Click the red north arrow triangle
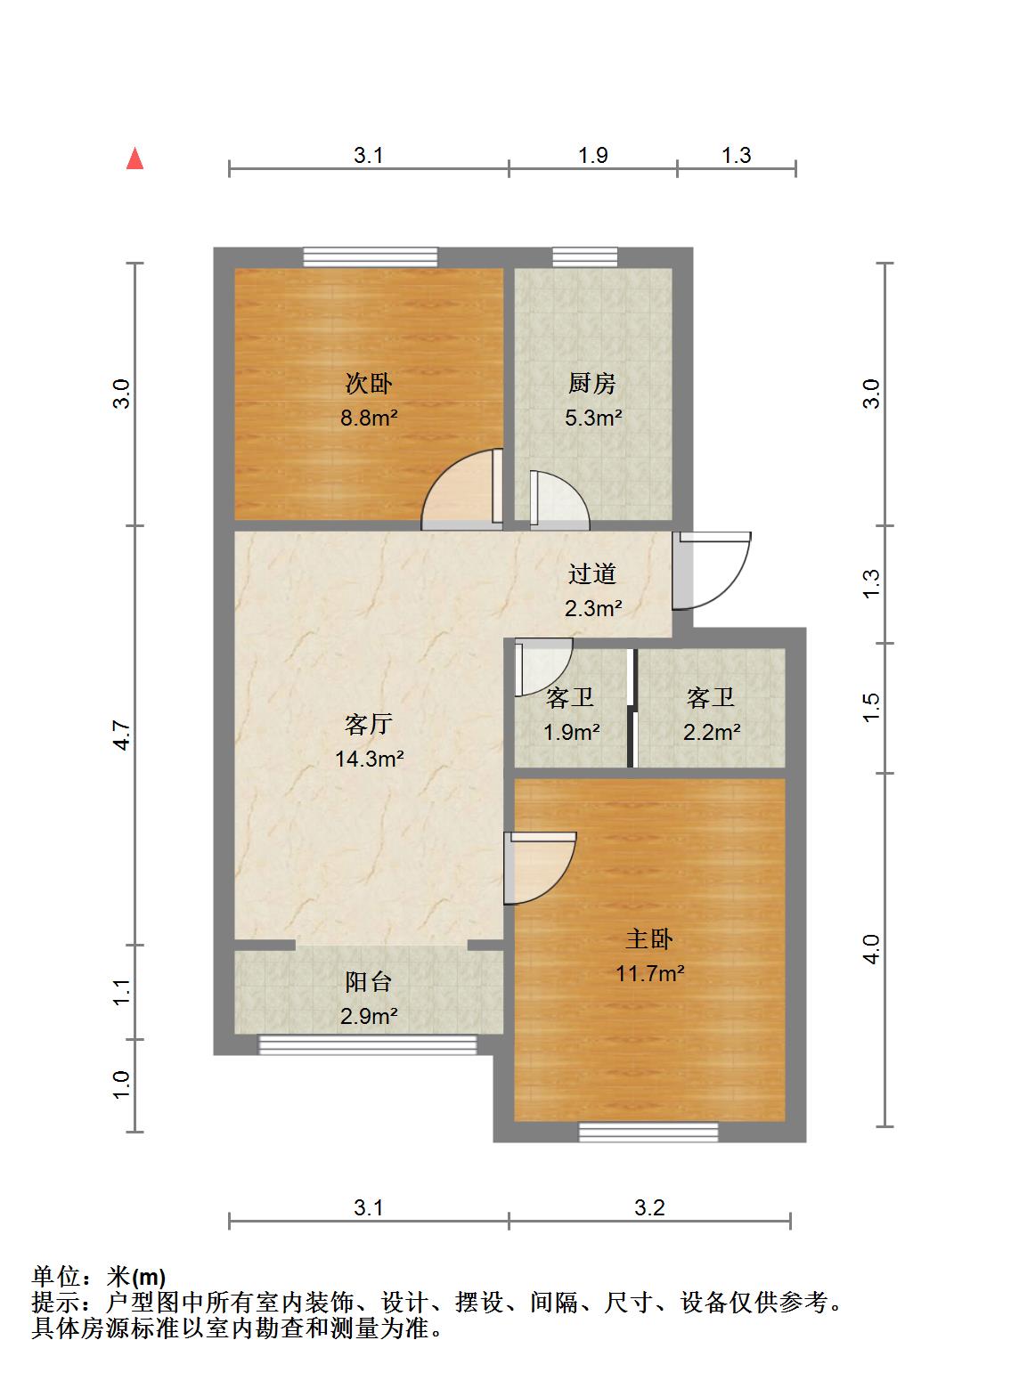[135, 158]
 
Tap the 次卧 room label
[369, 383]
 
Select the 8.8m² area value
[369, 418]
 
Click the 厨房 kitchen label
[592, 383]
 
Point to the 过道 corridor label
[592, 573]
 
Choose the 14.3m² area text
[370, 759]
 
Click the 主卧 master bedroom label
[649, 938]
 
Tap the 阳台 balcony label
[369, 981]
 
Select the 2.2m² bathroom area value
[712, 732]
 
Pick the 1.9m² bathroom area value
[572, 732]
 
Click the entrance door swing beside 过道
[712, 570]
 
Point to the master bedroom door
[540, 868]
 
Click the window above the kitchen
[585, 257]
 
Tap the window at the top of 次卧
[371, 257]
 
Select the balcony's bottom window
[368, 1044]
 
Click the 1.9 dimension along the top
[593, 155]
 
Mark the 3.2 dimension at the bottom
[649, 1207]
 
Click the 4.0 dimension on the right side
[871, 949]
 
